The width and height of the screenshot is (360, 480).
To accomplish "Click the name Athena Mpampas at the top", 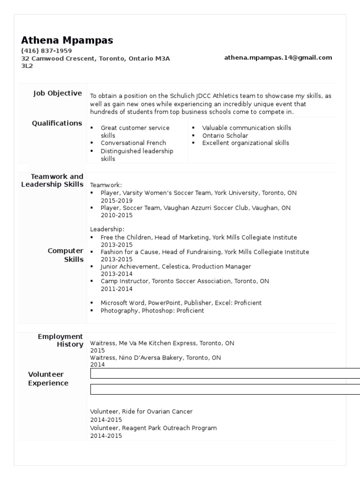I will coord(67,40).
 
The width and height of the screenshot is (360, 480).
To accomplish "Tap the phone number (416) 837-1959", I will coord(46,51).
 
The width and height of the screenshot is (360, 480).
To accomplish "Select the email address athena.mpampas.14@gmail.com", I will coord(278,58).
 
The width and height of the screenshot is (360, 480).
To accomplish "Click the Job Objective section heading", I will coord(57,93).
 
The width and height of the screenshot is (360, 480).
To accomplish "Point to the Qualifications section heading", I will coord(57,123).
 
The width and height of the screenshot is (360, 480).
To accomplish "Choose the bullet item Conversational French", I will coord(133,143).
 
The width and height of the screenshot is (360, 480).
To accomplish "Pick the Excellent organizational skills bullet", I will coord(246,143).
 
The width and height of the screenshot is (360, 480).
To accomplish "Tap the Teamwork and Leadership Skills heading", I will coord(52,180).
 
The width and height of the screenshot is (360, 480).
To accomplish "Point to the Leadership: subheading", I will coord(107,229).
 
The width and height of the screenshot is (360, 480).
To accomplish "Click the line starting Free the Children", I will coord(198,238).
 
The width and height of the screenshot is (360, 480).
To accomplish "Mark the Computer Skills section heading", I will coord(66,255).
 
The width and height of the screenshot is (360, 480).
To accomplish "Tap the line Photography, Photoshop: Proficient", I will coord(152,310).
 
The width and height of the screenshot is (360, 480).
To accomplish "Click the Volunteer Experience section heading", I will coord(48,379).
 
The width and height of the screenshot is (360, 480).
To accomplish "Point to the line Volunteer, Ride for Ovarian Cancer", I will coord(141,412).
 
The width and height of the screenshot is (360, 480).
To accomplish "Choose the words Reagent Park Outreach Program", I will coord(171,428).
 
